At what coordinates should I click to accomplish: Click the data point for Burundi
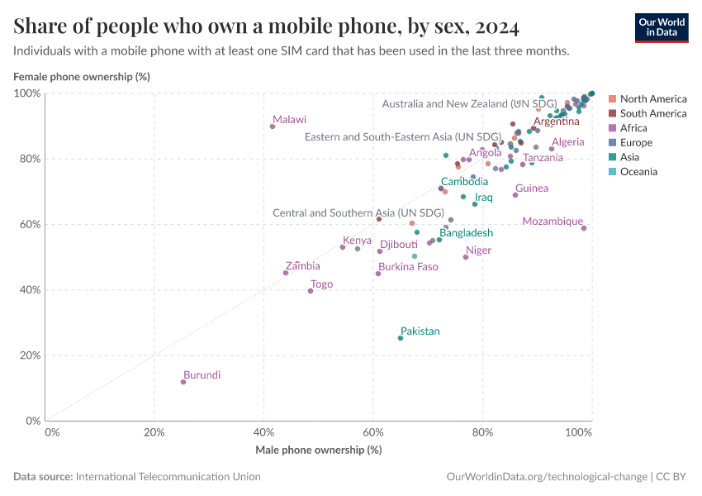click(183, 382)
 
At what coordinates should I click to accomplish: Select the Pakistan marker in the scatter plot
click(401, 338)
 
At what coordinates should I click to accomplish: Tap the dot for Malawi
click(273, 126)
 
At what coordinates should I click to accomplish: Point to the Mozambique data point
click(584, 228)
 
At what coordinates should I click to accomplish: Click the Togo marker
click(311, 291)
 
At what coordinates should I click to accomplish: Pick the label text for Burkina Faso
click(408, 267)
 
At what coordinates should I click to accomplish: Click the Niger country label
click(478, 250)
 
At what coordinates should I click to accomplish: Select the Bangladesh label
click(466, 233)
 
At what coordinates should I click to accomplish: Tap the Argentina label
click(556, 122)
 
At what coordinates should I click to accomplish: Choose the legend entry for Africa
click(633, 128)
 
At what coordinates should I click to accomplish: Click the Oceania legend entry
click(638, 172)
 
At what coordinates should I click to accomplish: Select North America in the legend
click(652, 98)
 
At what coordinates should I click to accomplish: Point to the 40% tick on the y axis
click(29, 290)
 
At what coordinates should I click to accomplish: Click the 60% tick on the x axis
click(373, 432)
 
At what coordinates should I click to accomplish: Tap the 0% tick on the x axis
click(51, 432)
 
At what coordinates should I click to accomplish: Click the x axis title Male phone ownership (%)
click(318, 450)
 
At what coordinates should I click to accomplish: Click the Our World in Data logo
click(661, 26)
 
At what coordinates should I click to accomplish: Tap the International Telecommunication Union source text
click(168, 477)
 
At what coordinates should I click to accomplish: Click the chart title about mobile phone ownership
click(267, 26)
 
